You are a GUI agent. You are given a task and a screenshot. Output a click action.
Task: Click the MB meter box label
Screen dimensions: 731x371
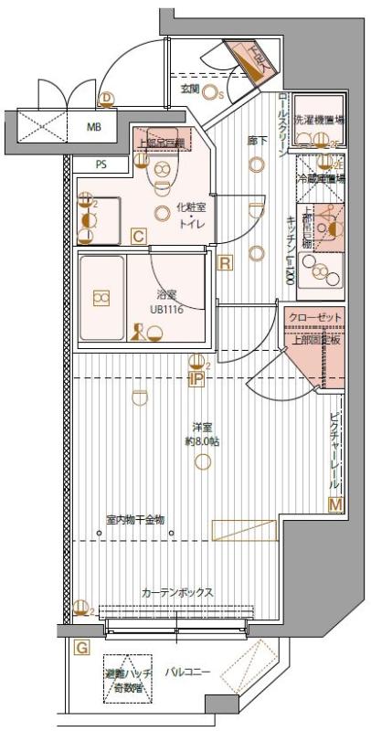point(94,126)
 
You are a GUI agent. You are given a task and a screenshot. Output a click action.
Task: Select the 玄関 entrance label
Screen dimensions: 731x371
point(190,89)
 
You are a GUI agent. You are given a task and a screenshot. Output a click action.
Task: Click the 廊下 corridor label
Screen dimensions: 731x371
point(257,142)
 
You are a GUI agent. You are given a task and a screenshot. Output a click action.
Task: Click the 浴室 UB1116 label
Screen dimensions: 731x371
point(166,302)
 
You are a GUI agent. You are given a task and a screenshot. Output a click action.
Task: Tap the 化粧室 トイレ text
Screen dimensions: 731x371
point(191,215)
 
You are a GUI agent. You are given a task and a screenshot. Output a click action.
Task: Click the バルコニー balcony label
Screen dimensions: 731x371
point(187,673)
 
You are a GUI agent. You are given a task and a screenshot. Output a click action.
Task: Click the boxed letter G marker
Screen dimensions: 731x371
point(81,648)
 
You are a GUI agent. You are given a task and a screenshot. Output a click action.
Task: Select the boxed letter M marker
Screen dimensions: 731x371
point(334,504)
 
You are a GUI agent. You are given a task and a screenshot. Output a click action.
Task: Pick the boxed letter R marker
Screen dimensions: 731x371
point(226,263)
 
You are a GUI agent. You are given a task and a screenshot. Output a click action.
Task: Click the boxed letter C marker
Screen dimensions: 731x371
point(138,238)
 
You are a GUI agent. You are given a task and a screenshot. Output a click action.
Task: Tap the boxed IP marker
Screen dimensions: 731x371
point(196,379)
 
